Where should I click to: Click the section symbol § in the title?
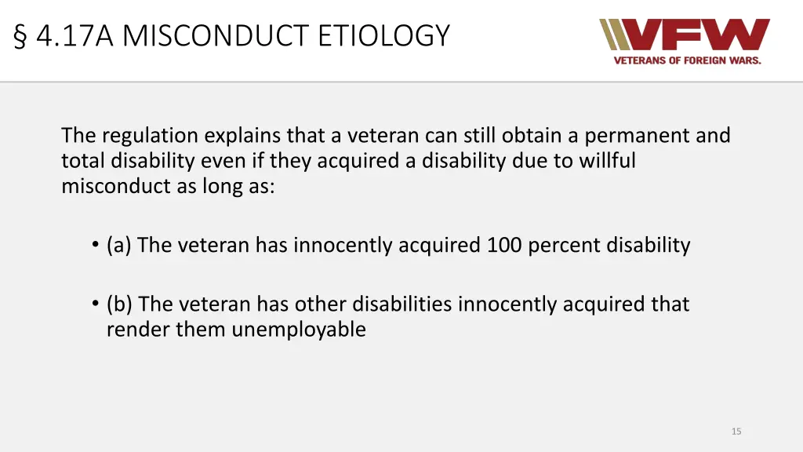click(20, 36)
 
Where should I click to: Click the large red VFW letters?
click(699, 35)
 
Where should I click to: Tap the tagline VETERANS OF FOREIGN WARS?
click(687, 60)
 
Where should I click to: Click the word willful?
click(608, 161)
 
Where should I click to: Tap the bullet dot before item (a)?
click(94, 246)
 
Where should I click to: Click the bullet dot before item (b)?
click(94, 304)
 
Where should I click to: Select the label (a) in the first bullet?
click(119, 246)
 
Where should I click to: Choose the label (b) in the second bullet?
click(120, 304)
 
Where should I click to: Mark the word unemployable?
click(298, 330)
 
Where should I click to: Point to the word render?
click(138, 330)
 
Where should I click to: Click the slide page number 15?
click(736, 431)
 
